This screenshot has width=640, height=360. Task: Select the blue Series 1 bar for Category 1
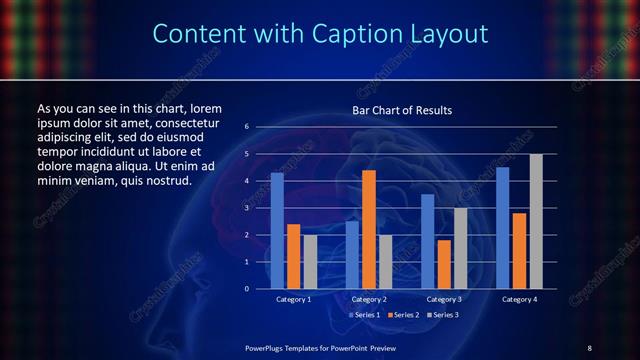point(277,230)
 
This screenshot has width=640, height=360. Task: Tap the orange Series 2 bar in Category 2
point(369,229)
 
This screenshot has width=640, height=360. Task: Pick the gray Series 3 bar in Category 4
point(537,221)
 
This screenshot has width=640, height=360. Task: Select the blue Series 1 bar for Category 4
point(503,227)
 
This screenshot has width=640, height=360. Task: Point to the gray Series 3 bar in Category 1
point(310,261)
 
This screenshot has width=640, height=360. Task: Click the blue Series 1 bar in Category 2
point(352,254)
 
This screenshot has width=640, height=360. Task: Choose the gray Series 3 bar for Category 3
point(461,248)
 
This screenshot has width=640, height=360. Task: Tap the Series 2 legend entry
point(401,315)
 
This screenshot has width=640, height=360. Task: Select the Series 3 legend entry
point(440,315)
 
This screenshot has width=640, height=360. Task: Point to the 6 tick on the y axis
point(247,127)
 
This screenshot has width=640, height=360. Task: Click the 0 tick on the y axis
point(247,289)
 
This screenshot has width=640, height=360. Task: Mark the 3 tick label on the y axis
point(247,208)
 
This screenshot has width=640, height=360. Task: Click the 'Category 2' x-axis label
point(369,299)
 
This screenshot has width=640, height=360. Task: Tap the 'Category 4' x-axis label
point(520,299)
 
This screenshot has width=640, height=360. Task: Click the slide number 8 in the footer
point(589,347)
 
